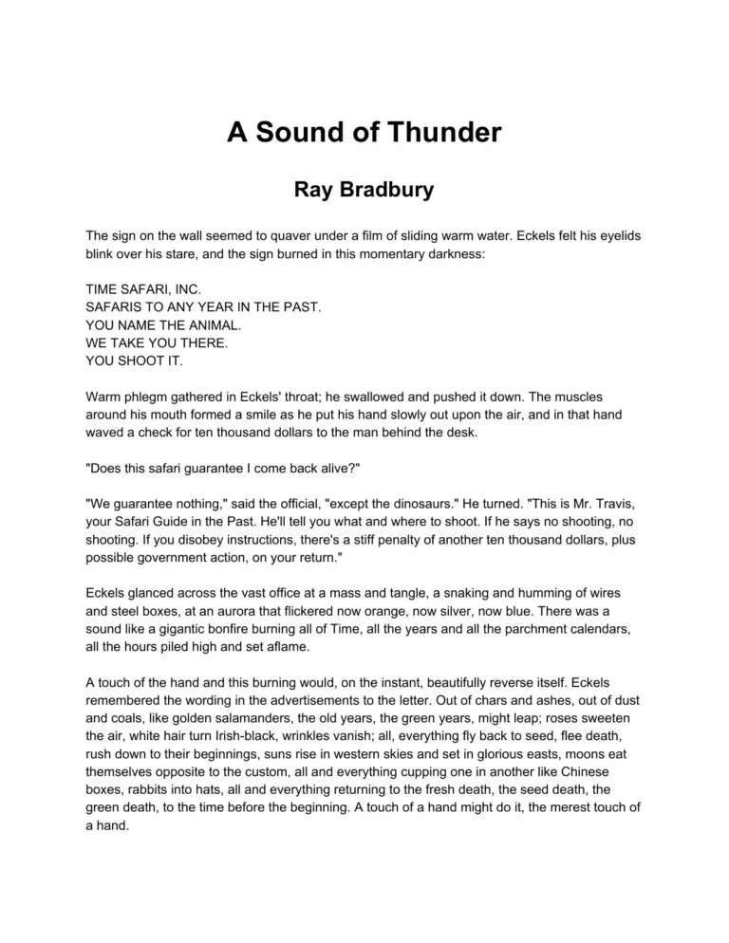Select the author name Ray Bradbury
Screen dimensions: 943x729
pos(364,190)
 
